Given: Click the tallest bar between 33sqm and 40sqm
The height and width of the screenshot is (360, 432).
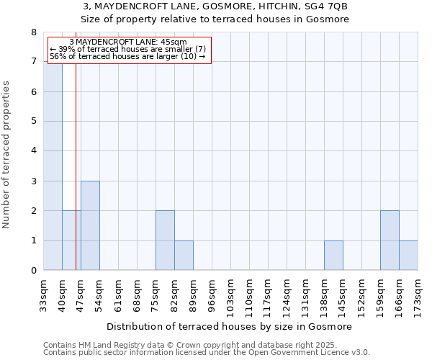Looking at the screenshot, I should point(53,166).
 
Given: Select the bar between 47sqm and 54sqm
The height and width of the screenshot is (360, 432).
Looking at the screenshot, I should point(90,225).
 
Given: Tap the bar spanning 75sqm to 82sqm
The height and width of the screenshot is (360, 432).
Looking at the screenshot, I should point(165,240).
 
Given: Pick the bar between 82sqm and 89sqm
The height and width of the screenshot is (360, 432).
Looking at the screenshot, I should point(184,256).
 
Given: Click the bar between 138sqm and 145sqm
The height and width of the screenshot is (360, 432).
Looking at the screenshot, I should point(333,256).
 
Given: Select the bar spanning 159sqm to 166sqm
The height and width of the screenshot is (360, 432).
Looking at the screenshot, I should point(390,240).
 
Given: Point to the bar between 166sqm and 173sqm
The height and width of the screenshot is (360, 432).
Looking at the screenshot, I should point(408,256).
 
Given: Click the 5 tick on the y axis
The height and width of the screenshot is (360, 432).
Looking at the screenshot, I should point(33,121).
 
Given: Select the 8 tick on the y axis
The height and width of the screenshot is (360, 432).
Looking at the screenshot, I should point(33,32).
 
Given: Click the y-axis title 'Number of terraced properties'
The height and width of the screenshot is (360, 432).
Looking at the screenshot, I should point(7,154).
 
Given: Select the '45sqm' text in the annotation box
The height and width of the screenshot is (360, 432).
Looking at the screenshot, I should point(173,42).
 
